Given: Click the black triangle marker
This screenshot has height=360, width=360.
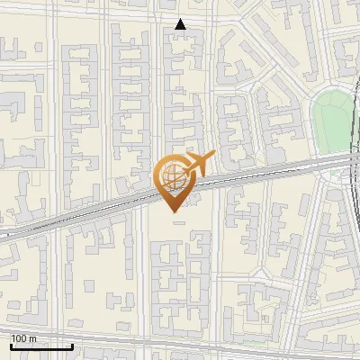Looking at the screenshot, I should [181, 24].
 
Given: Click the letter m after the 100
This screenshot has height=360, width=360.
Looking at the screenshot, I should [34, 338].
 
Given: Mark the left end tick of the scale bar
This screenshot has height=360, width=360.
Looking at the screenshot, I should [11, 346].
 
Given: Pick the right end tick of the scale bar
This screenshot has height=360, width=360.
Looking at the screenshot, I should [72, 346].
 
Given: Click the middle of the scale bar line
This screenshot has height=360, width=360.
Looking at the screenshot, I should [41, 346].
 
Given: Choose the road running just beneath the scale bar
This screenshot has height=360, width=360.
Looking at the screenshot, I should [41, 354].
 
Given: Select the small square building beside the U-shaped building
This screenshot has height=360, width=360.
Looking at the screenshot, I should [89, 286].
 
